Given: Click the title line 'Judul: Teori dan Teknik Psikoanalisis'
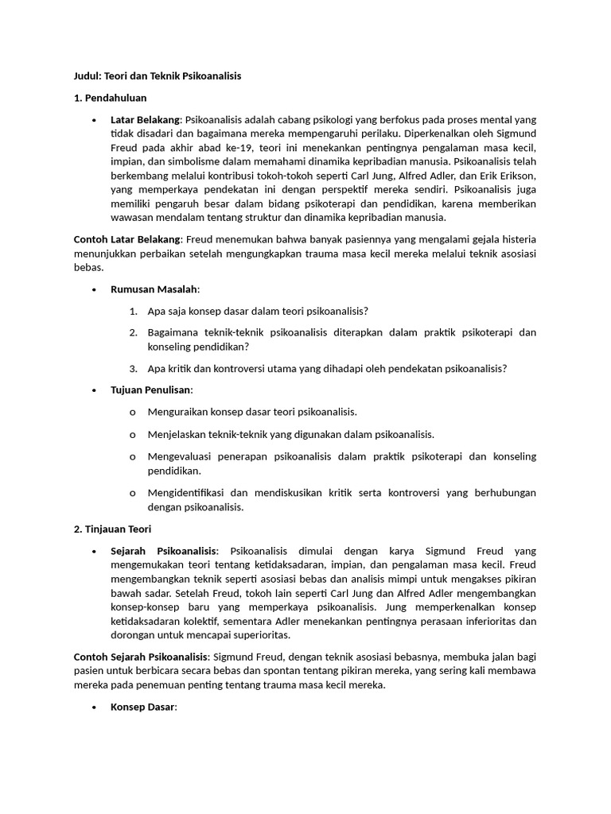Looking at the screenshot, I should point(157,76).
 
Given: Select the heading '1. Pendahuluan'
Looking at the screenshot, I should point(110,98).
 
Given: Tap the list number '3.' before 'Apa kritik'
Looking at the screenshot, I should point(134,367).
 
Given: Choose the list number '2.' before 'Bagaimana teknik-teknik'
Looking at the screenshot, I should point(134,331).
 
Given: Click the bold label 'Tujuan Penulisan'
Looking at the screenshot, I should point(151,390).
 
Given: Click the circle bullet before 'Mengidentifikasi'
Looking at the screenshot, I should point(132,493).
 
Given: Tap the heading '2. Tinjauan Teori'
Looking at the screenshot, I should point(112,529).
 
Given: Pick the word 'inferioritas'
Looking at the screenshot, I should point(487,621).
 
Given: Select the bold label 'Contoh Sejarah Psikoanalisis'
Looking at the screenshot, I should point(141,657).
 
